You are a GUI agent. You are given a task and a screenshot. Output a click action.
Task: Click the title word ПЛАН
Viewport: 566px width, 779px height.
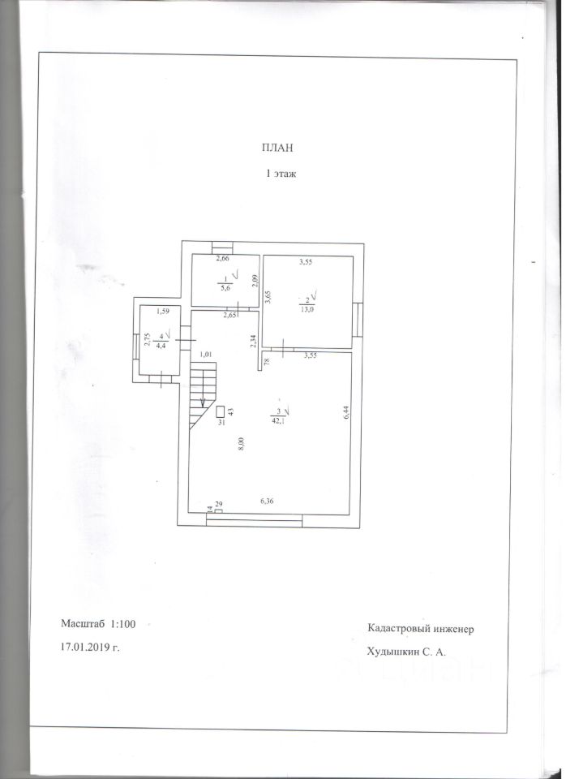point(277,148)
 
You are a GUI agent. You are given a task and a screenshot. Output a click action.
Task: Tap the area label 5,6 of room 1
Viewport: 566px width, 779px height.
point(225,286)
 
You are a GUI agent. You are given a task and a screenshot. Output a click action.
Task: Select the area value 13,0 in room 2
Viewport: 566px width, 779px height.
point(306,306)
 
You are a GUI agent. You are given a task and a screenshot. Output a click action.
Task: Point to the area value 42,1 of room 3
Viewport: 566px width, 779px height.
point(279,420)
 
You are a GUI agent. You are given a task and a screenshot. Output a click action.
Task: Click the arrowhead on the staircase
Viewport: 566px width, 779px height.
point(204,403)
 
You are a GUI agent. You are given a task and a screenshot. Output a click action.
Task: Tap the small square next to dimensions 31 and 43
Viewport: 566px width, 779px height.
point(221,411)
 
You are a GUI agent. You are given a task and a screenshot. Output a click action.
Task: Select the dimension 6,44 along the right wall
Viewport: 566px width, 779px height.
point(345,412)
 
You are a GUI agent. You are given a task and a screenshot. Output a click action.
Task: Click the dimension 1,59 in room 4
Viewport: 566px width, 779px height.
point(162,312)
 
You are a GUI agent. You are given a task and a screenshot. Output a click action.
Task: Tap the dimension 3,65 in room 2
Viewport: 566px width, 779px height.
point(268,299)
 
